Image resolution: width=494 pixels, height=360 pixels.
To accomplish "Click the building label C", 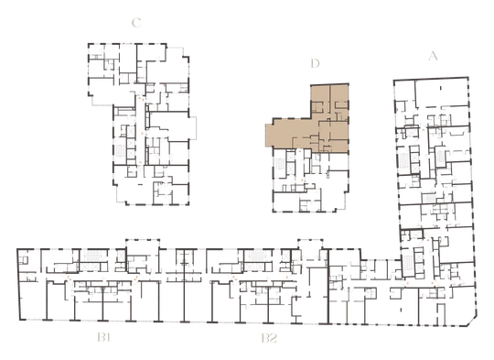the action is (136, 23).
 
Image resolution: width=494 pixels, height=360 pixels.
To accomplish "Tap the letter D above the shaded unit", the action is (315, 63).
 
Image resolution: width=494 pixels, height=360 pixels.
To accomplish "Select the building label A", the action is (434, 56).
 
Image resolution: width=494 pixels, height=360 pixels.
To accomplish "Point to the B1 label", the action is (104, 338).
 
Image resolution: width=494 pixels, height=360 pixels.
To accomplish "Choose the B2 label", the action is (270, 338).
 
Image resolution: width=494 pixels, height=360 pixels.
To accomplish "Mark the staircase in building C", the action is (121, 151).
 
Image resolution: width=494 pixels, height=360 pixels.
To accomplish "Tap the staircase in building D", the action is (279, 164).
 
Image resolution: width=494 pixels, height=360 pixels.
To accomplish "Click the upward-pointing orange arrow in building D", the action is (300, 151).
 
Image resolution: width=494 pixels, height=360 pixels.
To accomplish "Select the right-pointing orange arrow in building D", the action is (303, 180).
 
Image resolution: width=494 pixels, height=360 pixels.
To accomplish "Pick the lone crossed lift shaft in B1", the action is (121, 256).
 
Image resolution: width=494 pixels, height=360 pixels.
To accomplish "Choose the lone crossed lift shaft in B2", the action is (286, 256).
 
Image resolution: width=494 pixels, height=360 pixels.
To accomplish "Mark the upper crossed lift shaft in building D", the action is (291, 157).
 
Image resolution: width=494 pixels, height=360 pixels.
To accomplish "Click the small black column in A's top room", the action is (441, 88).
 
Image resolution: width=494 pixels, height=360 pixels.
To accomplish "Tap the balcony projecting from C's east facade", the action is (193, 127).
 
